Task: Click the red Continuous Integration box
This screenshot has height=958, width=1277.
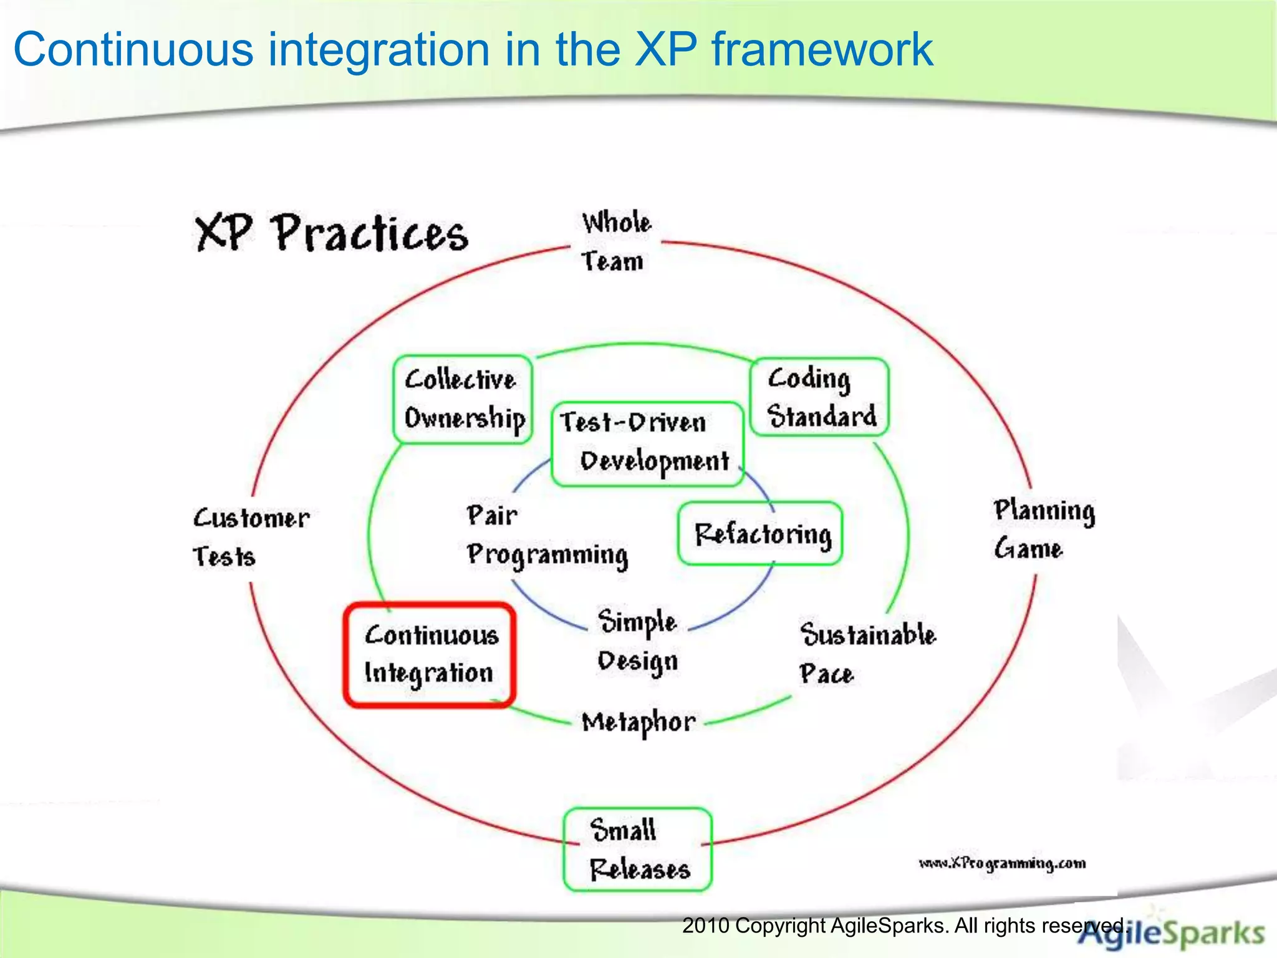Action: (430, 654)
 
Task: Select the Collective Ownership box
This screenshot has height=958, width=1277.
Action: (463, 399)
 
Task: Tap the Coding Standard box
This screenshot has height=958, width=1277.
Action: (820, 397)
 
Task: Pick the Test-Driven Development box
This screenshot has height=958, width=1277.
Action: (647, 443)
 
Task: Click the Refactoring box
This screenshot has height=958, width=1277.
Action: (761, 534)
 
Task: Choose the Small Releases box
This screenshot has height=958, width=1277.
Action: (638, 849)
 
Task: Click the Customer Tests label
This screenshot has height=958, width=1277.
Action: (249, 536)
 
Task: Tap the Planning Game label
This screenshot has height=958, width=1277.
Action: (1043, 529)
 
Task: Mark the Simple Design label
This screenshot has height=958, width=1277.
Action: (637, 641)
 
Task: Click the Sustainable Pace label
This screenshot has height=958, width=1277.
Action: (867, 653)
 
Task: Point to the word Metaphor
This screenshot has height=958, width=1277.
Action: (638, 722)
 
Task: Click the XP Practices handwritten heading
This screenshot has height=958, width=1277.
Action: (331, 233)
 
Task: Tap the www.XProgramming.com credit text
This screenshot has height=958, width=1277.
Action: (1002, 863)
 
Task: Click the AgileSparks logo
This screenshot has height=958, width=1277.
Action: (1172, 934)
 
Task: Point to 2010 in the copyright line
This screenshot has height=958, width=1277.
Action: (705, 926)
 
